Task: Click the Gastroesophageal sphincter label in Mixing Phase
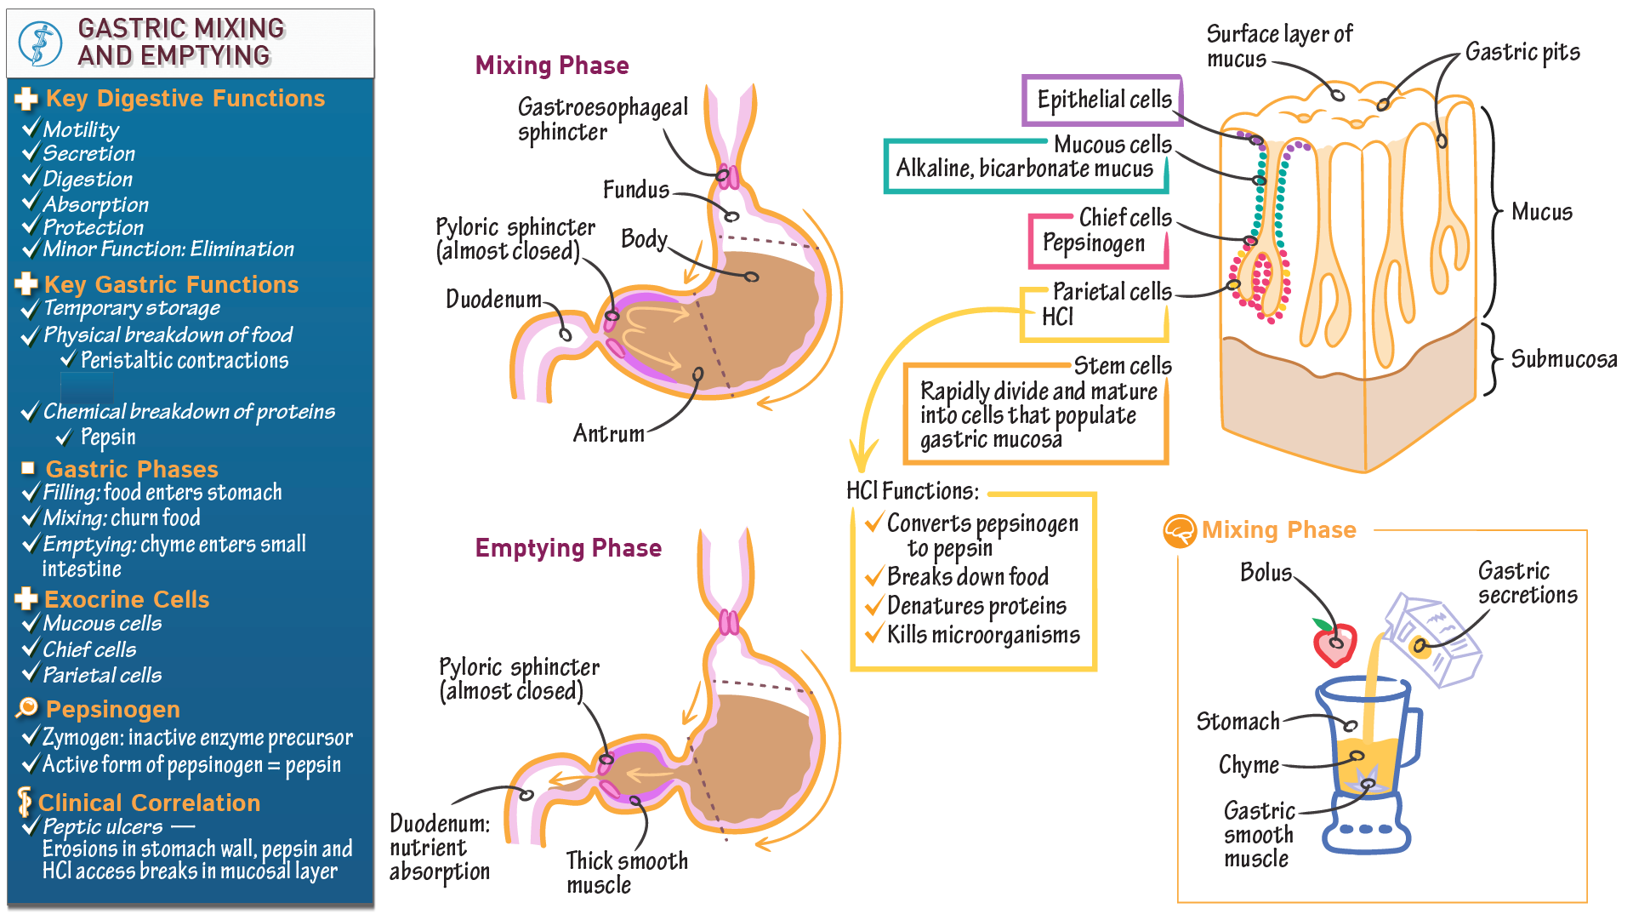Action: pos(602,120)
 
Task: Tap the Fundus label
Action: pos(635,190)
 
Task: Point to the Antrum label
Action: pos(608,434)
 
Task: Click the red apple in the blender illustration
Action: pos(1334,644)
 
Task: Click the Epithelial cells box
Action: pos(1102,100)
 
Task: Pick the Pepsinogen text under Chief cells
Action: pos(1093,243)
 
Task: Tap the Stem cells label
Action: pos(1122,366)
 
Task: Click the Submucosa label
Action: pos(1563,359)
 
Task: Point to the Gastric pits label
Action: pos(1522,53)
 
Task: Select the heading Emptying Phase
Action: pos(568,548)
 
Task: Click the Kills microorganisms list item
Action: pos(982,636)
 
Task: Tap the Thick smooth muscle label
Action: pos(626,872)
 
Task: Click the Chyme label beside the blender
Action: pos(1248,765)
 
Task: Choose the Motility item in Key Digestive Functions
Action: pos(81,129)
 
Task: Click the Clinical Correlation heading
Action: pos(149,803)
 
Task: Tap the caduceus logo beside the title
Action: pos(41,43)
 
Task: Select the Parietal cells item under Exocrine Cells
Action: pos(102,675)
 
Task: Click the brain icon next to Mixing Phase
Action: pos(1179,531)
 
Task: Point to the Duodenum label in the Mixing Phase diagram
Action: pos(493,300)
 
